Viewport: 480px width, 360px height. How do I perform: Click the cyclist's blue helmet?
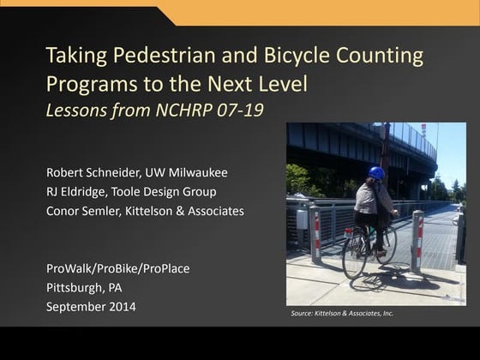pos(376,173)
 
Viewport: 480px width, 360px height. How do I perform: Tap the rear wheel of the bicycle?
pos(354,254)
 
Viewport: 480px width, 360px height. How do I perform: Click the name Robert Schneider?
pos(93,171)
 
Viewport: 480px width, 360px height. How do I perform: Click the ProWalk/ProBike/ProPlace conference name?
pos(117,268)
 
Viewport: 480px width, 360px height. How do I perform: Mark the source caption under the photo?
pos(343,314)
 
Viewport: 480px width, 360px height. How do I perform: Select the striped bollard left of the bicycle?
pos(315,233)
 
